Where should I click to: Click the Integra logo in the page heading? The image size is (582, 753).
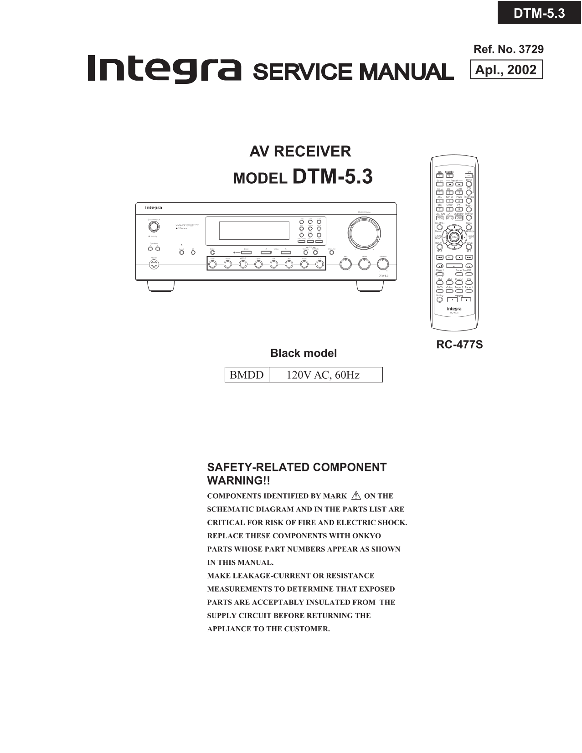tap(164, 70)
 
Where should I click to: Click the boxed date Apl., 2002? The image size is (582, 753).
tap(506, 70)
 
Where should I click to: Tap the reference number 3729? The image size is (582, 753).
tap(531, 49)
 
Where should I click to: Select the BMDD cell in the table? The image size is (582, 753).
tap(247, 375)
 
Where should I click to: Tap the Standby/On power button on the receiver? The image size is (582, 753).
tap(154, 227)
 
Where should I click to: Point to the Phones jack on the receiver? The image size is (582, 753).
tap(154, 264)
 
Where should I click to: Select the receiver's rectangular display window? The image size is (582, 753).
tap(254, 231)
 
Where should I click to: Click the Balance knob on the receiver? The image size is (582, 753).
tap(383, 264)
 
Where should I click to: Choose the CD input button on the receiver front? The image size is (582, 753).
tap(319, 264)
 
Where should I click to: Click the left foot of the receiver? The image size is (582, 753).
tap(160, 286)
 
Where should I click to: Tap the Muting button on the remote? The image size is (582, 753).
tap(439, 300)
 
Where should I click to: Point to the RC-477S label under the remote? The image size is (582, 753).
tap(459, 345)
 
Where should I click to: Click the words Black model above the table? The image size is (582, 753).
tap(304, 353)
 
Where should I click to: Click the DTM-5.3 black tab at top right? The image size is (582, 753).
tap(539, 13)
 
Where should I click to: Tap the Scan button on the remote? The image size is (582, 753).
tap(439, 184)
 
